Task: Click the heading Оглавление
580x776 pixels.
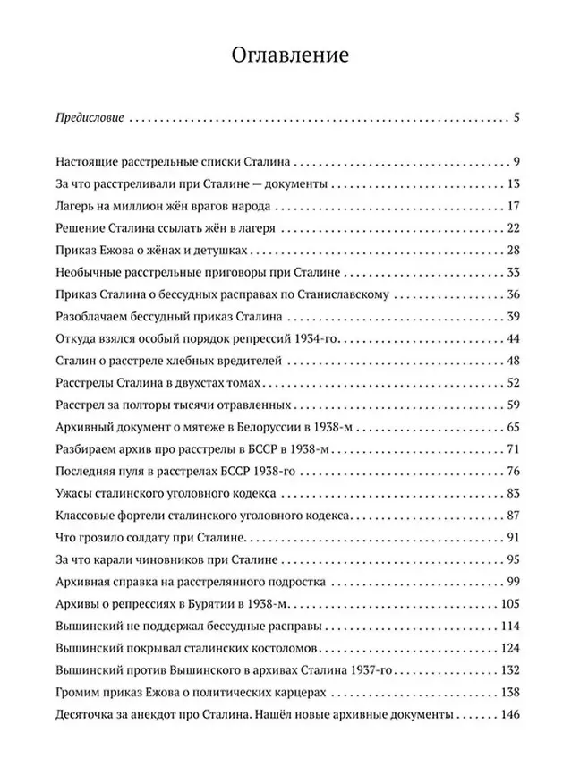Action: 289,55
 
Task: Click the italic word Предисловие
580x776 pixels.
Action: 89,117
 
